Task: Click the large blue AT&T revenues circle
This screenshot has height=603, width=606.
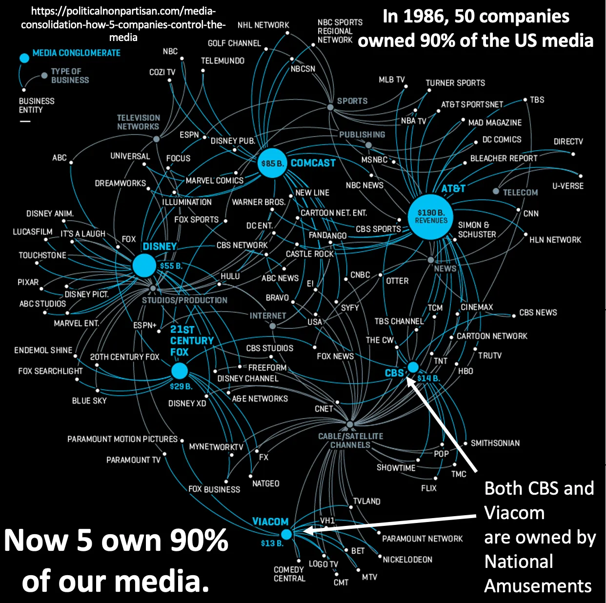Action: [431, 217]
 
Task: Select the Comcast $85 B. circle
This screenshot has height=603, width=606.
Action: [272, 163]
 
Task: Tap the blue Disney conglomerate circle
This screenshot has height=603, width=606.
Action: [144, 265]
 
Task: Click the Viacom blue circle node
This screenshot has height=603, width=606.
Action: [286, 534]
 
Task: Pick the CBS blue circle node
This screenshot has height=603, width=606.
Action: [413, 367]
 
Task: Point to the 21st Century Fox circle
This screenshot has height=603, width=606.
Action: [180, 371]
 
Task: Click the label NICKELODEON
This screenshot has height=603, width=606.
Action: [407, 560]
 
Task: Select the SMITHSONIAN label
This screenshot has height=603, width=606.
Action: [495, 443]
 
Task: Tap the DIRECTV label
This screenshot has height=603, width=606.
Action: [568, 141]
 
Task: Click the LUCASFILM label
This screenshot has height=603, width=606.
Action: [32, 232]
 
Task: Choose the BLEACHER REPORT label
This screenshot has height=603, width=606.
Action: [504, 159]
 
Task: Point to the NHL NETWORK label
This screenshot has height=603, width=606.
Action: [263, 25]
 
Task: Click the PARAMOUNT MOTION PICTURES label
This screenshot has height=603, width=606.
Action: [122, 439]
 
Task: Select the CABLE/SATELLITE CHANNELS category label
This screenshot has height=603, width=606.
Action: [350, 441]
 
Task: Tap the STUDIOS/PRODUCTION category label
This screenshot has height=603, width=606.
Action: [184, 300]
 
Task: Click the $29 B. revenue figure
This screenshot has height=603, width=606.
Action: [181, 386]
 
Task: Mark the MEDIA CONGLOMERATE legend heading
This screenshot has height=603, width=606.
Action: [76, 53]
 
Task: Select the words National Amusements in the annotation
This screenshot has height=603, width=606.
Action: [538, 573]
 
